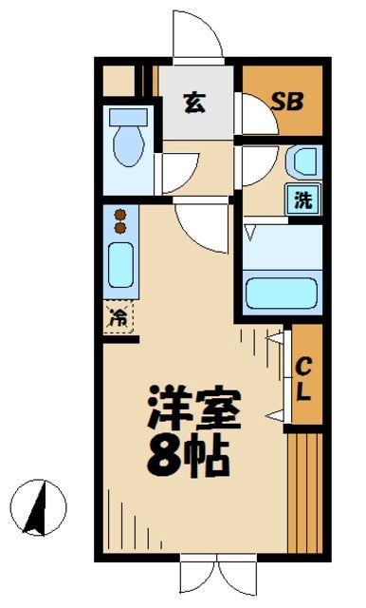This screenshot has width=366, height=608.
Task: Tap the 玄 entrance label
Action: coord(193,103)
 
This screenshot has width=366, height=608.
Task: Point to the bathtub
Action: coord(282,291)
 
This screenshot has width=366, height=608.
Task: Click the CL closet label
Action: coord(304,377)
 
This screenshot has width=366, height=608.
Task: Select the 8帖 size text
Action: coord(189,457)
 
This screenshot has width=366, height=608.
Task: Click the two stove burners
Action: coord(120,221)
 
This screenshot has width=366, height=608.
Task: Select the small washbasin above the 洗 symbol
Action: coord(302,162)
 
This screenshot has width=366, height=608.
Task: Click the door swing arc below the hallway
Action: coord(200,228)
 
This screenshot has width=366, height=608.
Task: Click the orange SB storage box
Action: coord(283,101)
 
